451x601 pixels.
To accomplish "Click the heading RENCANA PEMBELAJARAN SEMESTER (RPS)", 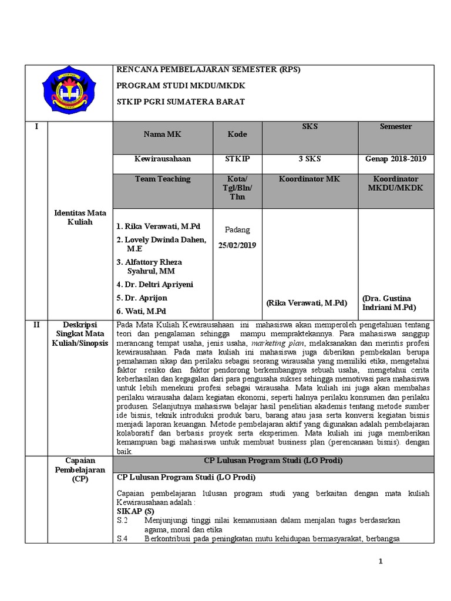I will click(x=208, y=69).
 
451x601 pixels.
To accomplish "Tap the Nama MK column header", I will click(x=163, y=134).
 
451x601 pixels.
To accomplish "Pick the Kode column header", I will click(x=237, y=134).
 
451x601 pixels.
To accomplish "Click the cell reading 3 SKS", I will click(x=309, y=158).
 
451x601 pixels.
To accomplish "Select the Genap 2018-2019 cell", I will click(x=396, y=158).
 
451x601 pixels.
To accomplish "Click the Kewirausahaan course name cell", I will click(x=163, y=158).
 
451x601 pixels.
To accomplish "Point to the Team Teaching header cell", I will click(x=163, y=179).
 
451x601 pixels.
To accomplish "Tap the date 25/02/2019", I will click(x=237, y=245).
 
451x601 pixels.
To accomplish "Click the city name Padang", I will click(x=237, y=229).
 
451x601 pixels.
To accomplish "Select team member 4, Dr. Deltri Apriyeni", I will click(x=154, y=285).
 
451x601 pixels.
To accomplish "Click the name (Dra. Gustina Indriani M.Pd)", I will click(x=389, y=303).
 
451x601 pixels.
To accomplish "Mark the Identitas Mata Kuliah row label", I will click(x=80, y=217).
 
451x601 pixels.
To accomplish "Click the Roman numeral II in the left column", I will click(x=36, y=325).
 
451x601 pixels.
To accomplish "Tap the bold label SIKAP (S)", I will click(x=136, y=511).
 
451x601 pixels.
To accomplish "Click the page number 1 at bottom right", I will click(x=381, y=562).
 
